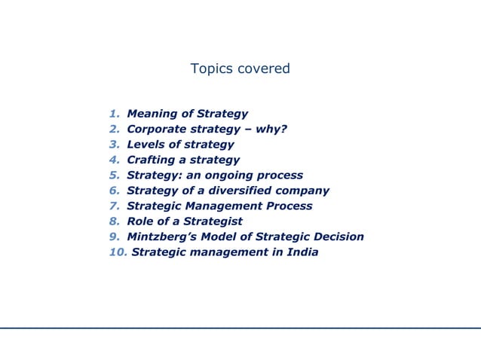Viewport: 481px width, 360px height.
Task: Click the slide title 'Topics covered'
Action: [x=240, y=69]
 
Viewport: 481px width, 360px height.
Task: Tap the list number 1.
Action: [x=114, y=114]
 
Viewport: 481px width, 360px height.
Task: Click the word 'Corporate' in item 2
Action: [x=157, y=128]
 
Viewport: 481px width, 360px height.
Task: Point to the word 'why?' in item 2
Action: [x=271, y=128]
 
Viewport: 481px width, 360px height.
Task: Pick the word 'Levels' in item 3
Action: [x=145, y=145]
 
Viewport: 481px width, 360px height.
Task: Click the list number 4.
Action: [x=114, y=160]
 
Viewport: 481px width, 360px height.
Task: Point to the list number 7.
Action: [x=114, y=206]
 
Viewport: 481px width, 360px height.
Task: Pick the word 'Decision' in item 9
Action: [x=336, y=236]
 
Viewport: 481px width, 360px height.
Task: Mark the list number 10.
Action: [x=117, y=252]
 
